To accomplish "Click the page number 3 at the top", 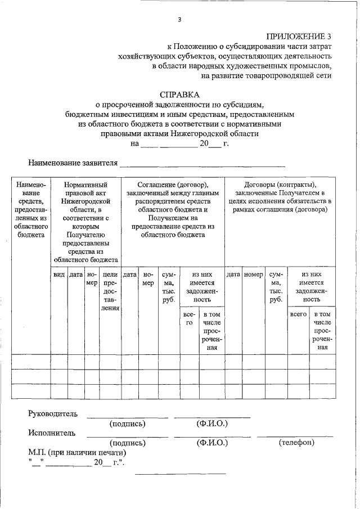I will tap(179, 20).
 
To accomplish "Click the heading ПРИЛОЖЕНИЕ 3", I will tap(299, 37).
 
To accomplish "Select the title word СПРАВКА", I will tap(179, 94).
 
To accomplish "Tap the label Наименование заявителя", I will tap(73, 163).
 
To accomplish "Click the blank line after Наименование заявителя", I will tap(202, 164).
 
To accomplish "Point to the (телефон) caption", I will tap(296, 443).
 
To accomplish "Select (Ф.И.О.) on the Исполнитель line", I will tap(211, 443).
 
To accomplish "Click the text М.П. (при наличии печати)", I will tap(77, 452).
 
